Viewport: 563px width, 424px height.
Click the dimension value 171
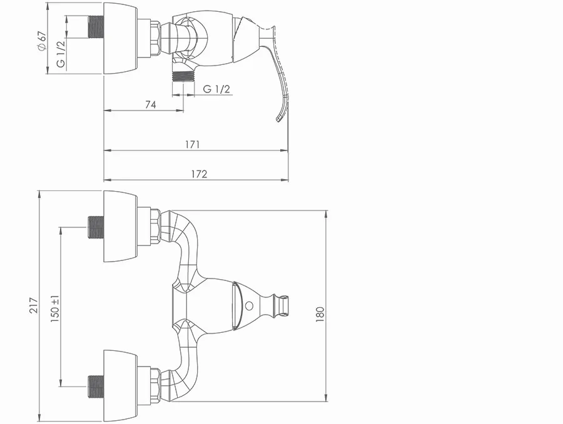click(193, 144)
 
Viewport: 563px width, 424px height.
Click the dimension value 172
click(200, 174)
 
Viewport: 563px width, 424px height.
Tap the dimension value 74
click(151, 105)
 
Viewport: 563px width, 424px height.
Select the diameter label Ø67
click(42, 41)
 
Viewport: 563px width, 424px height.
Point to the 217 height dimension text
click(33, 305)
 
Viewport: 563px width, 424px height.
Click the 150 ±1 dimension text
click(55, 308)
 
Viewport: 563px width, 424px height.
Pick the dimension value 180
click(320, 314)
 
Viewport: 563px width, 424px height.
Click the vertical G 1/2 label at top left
click(61, 54)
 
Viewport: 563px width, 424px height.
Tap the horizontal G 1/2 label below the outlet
click(216, 89)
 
